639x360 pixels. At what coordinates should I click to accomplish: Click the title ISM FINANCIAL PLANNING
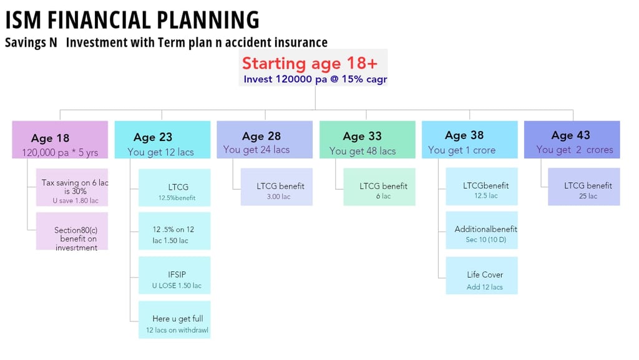pyautogui.click(x=132, y=20)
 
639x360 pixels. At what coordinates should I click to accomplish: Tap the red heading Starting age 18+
pyautogui.click(x=310, y=63)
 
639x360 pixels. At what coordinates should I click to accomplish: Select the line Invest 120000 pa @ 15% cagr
pyautogui.click(x=315, y=79)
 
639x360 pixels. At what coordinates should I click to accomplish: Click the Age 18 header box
pyautogui.click(x=60, y=140)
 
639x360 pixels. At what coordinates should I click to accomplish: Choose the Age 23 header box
pyautogui.click(x=162, y=140)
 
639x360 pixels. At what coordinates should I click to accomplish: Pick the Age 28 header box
pyautogui.click(x=265, y=140)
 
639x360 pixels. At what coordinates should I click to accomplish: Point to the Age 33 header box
pyautogui.click(x=367, y=140)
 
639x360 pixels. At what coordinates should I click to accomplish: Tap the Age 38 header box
pyautogui.click(x=469, y=140)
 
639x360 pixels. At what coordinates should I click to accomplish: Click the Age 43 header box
pyautogui.click(x=572, y=140)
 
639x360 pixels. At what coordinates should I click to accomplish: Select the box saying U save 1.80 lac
pyautogui.click(x=72, y=187)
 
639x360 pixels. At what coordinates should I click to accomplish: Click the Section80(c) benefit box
pyautogui.click(x=72, y=231)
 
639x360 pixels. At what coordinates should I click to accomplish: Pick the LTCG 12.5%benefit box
pyautogui.click(x=175, y=188)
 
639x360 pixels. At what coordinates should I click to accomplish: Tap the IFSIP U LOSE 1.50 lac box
pyautogui.click(x=175, y=275)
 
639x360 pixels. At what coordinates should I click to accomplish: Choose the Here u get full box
pyautogui.click(x=175, y=319)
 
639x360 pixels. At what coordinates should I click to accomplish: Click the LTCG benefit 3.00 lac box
pyautogui.click(x=276, y=187)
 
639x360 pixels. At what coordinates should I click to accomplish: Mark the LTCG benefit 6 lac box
pyautogui.click(x=379, y=187)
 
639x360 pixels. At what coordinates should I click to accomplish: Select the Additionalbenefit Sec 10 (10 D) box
pyautogui.click(x=482, y=230)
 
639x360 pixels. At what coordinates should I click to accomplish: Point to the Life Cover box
pyautogui.click(x=482, y=275)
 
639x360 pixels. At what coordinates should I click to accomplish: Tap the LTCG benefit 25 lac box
pyautogui.click(x=584, y=187)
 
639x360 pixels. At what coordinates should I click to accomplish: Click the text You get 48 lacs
pyautogui.click(x=363, y=151)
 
